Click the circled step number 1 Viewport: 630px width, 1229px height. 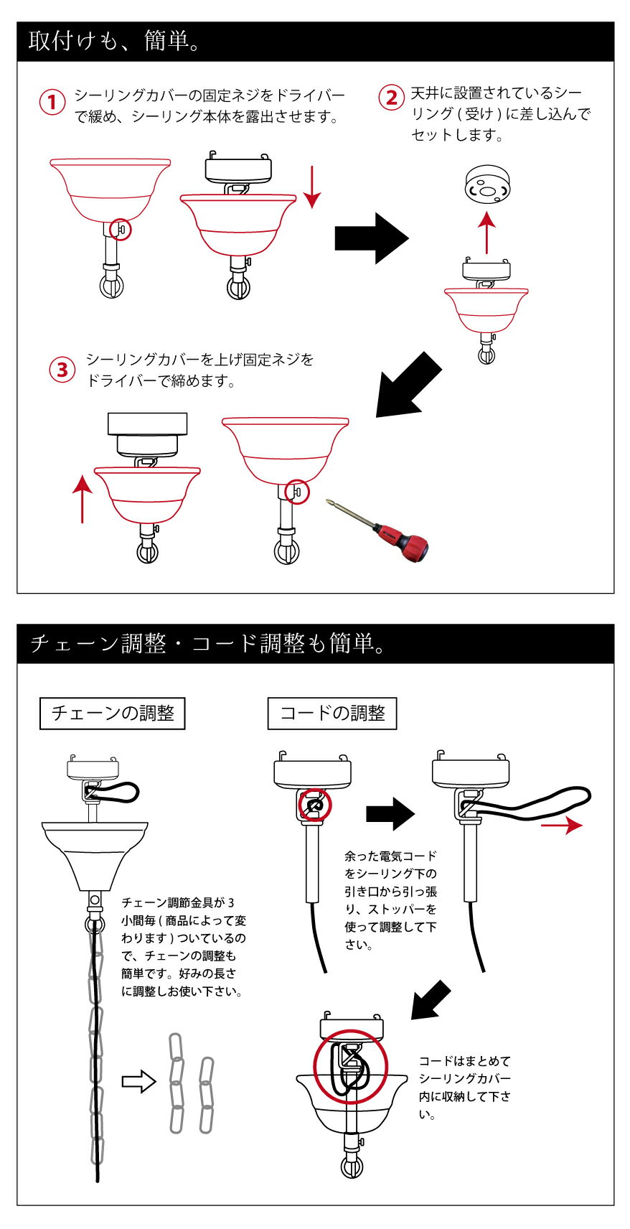(52, 103)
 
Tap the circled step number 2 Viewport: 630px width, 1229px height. (392, 98)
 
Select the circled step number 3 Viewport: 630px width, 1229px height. (62, 370)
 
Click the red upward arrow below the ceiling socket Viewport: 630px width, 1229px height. (486, 233)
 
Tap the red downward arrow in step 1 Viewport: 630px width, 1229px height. (312, 187)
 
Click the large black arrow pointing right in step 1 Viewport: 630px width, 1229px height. (372, 238)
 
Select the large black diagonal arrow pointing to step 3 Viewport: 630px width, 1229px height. (408, 385)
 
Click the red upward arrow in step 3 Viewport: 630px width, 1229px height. (83, 500)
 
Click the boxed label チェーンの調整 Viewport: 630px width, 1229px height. (113, 714)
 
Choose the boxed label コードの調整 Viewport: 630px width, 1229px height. (332, 714)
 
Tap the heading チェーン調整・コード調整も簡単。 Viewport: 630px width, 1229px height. (208, 643)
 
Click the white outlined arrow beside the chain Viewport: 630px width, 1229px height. (138, 1081)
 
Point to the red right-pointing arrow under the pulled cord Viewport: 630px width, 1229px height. (561, 825)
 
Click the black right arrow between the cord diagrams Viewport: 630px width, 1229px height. (390, 813)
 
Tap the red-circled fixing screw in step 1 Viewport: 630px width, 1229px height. (121, 229)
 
